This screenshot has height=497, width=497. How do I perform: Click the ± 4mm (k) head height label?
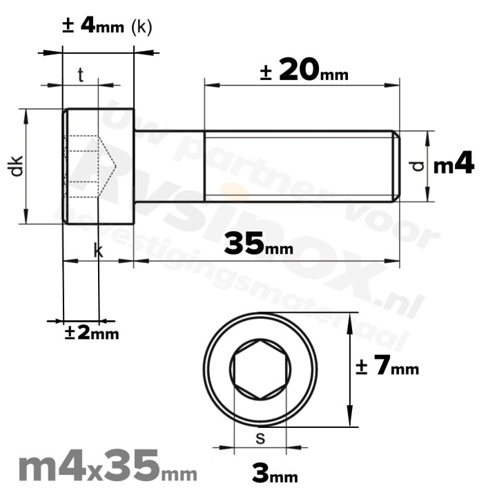pyautogui.click(x=107, y=26)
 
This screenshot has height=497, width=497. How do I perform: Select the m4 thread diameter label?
pyautogui.click(x=454, y=166)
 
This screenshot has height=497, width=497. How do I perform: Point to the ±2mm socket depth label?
pyautogui.click(x=92, y=333)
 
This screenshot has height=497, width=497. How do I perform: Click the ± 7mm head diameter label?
pyautogui.click(x=387, y=367)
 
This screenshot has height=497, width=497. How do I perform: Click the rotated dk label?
pyautogui.click(x=17, y=166)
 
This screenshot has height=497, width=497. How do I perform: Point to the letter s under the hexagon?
pyautogui.click(x=260, y=437)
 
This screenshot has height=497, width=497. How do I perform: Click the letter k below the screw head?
pyautogui.click(x=98, y=251)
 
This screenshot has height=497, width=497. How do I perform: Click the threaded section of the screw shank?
pyautogui.click(x=297, y=166)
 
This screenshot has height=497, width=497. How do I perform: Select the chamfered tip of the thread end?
pyautogui.click(x=396, y=166)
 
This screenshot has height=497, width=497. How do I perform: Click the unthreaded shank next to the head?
pyautogui.click(x=168, y=166)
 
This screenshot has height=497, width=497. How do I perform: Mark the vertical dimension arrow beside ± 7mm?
pyautogui.click(x=351, y=369)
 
